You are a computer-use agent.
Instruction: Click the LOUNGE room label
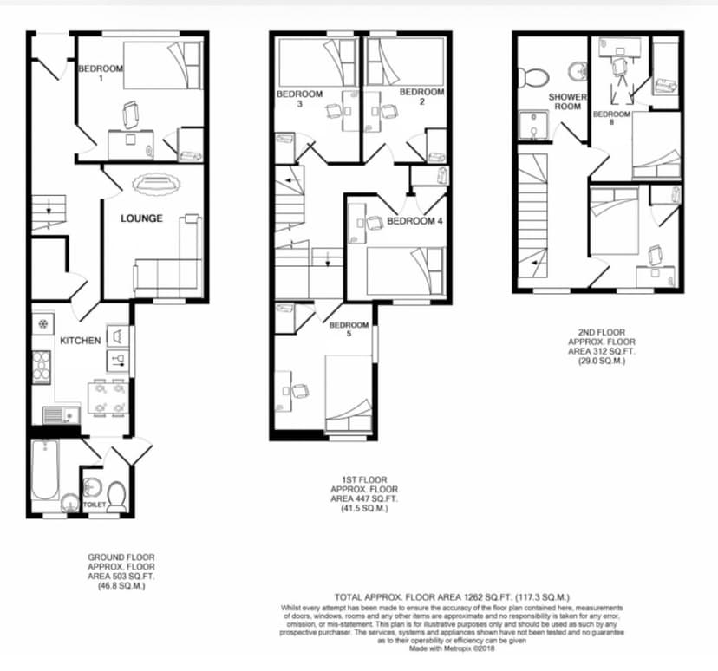(142, 218)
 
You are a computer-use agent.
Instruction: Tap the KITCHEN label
(81, 341)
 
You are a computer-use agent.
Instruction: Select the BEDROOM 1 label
(101, 74)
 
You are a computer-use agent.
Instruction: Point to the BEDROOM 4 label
(414, 221)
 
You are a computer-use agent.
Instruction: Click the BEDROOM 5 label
(349, 330)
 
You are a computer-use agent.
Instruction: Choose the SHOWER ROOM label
(568, 101)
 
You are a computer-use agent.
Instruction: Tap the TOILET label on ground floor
(94, 502)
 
